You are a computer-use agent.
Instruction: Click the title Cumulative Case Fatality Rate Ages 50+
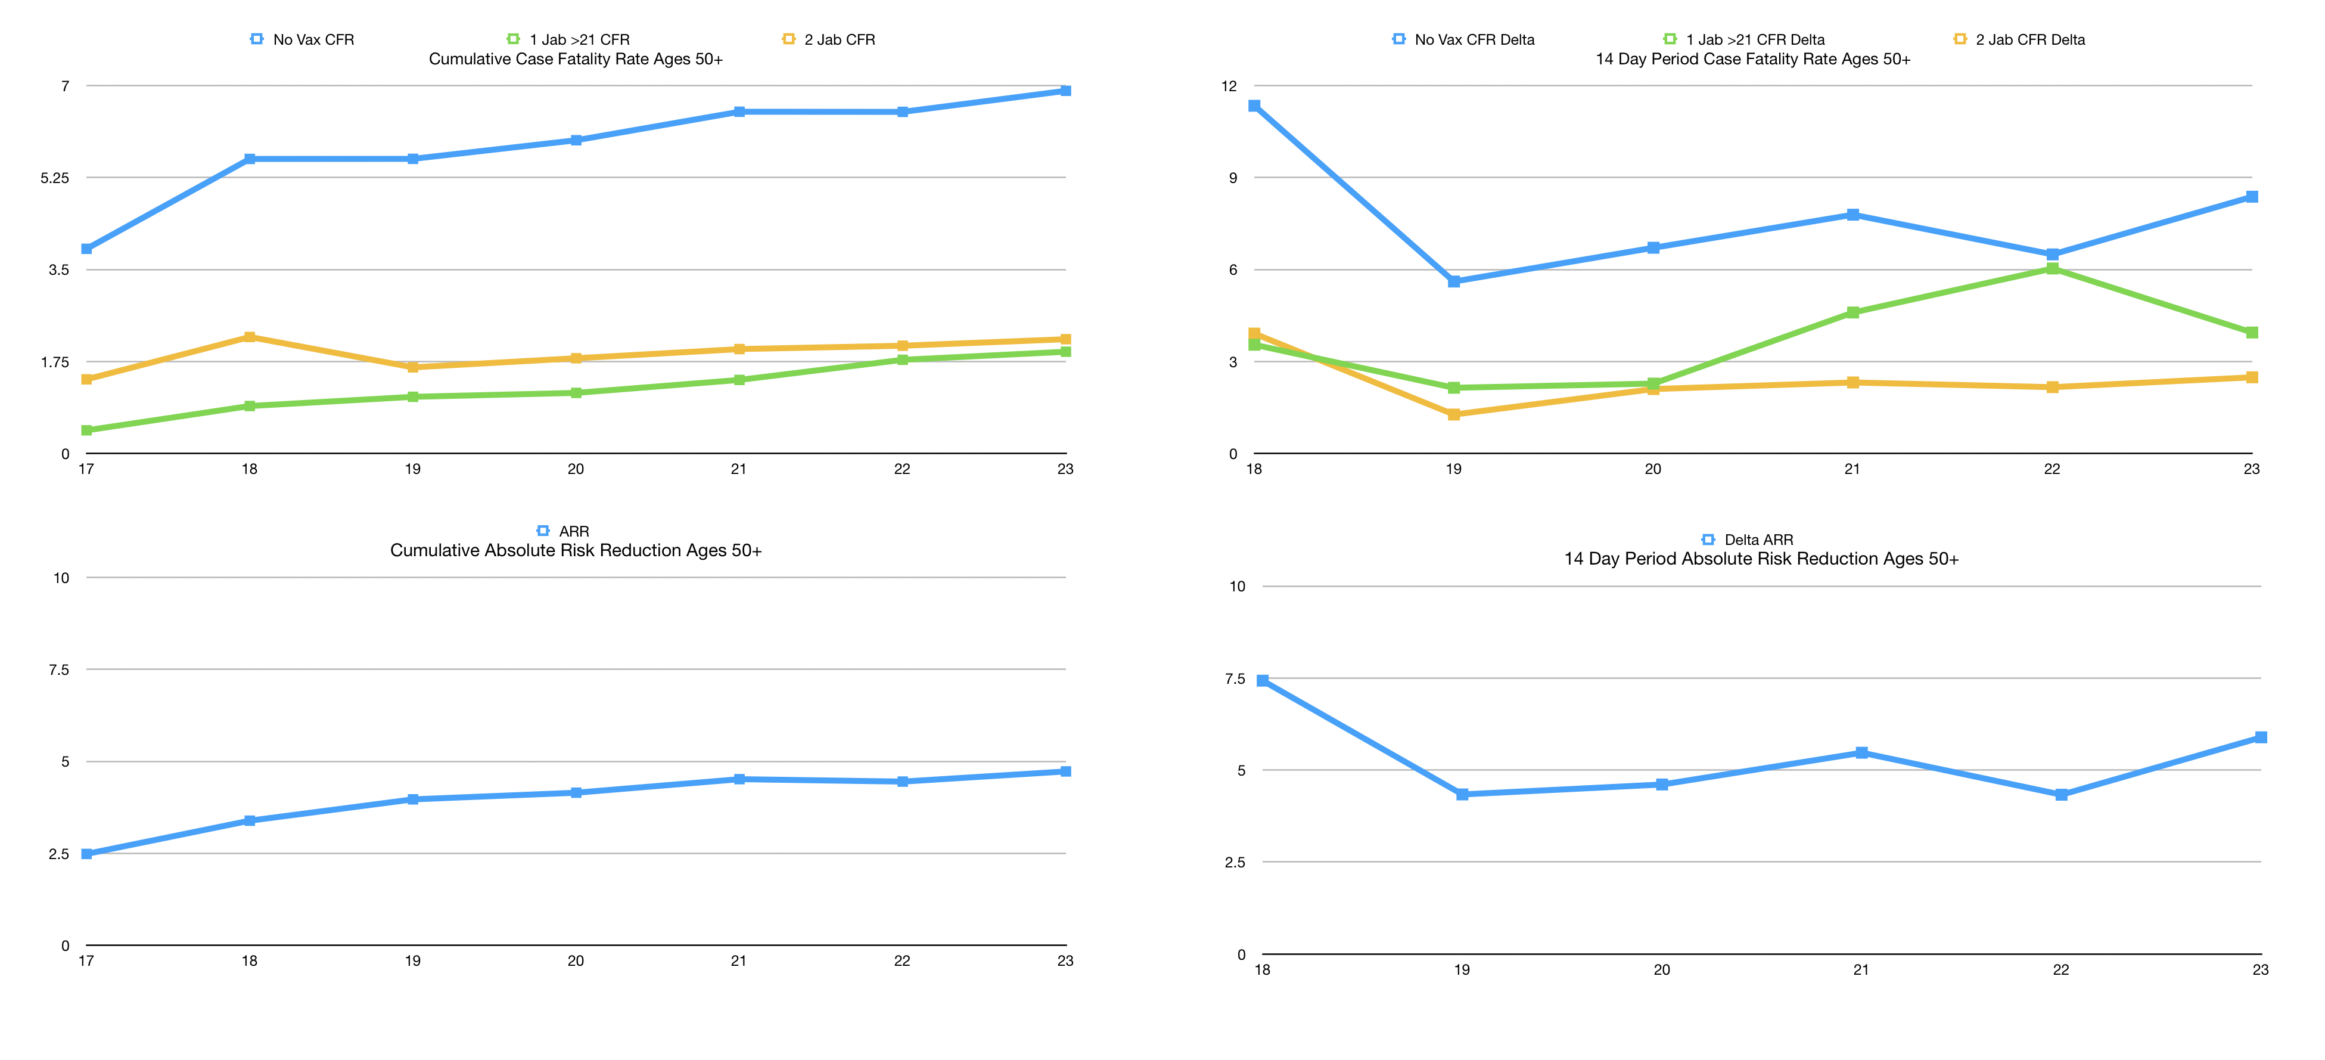coord(575,60)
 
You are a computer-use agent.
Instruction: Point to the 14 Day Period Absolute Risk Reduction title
coord(1761,559)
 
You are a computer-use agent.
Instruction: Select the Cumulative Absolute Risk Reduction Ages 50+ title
coord(575,551)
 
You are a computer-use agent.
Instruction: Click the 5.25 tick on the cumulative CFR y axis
coord(54,178)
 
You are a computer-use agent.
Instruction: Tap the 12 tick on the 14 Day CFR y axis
coord(1229,86)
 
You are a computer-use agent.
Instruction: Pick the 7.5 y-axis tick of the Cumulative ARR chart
coord(58,670)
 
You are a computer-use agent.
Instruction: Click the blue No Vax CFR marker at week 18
coord(250,159)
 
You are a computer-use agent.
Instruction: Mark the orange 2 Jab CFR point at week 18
coord(250,337)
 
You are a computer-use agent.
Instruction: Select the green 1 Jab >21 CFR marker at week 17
coord(86,430)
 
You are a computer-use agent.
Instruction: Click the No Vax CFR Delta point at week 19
coord(1454,282)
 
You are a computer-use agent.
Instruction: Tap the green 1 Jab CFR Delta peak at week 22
coord(2053,268)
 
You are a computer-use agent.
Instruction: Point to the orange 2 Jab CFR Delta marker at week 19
coord(1454,414)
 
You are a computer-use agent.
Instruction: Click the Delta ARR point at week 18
coord(1263,681)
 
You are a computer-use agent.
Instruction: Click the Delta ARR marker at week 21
coord(1861,752)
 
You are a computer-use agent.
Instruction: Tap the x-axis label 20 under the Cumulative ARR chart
coord(576,960)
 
